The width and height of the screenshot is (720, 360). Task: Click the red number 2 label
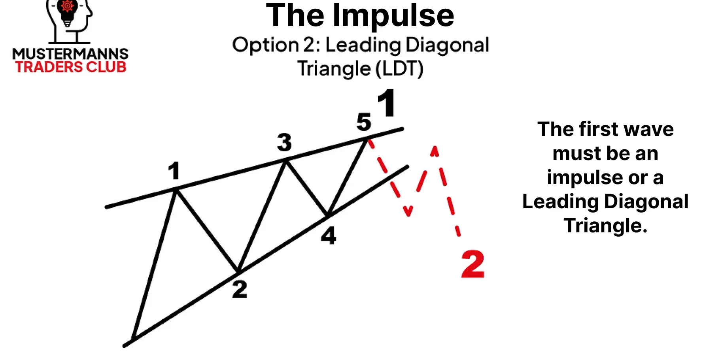(x=472, y=264)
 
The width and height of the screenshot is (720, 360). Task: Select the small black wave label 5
(x=364, y=122)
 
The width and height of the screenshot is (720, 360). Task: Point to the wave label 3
(x=284, y=142)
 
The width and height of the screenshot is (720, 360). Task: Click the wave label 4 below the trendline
(x=329, y=236)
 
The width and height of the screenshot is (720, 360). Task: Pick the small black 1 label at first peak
(x=174, y=171)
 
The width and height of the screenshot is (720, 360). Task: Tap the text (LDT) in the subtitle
(x=399, y=69)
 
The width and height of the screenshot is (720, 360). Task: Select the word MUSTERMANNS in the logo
(x=70, y=54)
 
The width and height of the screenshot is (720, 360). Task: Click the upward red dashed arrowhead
(x=435, y=151)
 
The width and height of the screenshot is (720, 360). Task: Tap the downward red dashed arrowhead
(x=408, y=211)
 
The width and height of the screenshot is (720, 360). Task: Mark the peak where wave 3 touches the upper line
(x=285, y=160)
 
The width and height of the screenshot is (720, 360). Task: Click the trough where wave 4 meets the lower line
(x=327, y=216)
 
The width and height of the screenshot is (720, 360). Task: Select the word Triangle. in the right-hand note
(x=605, y=226)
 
